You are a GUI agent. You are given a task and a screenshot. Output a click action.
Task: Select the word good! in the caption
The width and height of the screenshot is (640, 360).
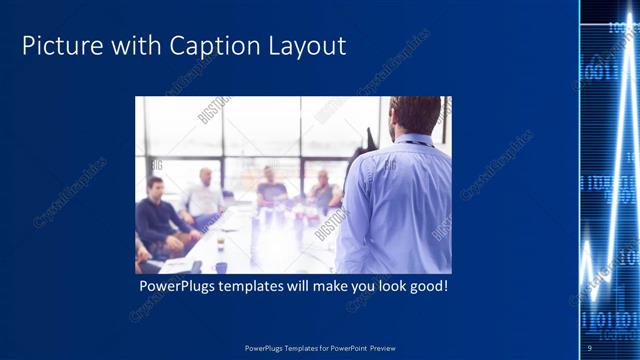(x=428, y=287)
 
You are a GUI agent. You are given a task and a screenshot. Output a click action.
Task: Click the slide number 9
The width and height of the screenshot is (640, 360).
(x=589, y=347)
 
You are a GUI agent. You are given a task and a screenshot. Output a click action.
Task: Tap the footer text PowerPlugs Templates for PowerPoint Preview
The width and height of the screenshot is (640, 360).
(x=320, y=347)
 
